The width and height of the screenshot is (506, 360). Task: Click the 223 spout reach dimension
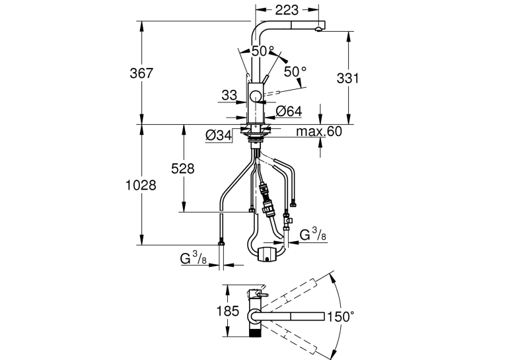click(x=287, y=11)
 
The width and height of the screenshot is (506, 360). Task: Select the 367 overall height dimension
click(x=141, y=73)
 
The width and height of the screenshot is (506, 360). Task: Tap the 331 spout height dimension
click(x=347, y=79)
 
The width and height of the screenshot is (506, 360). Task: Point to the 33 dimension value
click(x=229, y=95)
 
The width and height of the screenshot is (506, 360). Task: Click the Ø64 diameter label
click(x=289, y=111)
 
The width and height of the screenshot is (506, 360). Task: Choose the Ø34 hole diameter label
click(x=219, y=135)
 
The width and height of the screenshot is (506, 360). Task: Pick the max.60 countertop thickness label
click(x=319, y=131)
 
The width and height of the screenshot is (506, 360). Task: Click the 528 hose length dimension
click(x=183, y=168)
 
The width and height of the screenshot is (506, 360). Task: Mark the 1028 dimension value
click(x=141, y=185)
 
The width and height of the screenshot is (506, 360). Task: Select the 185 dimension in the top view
click(x=227, y=311)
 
